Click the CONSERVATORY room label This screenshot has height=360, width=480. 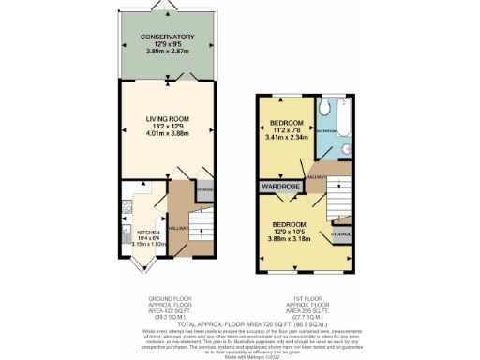[167, 37]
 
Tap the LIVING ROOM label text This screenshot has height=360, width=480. [167, 119]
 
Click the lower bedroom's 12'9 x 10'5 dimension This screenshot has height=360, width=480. [290, 232]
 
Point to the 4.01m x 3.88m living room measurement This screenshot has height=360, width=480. [167, 133]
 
